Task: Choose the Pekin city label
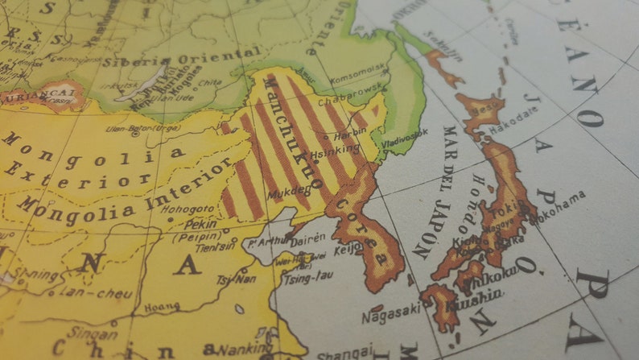click(x=200, y=225)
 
